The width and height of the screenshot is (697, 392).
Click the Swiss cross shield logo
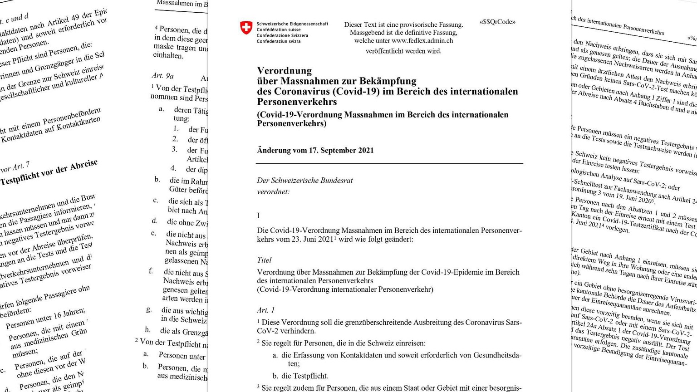click(246, 28)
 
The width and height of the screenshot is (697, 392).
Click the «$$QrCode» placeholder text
click(497, 22)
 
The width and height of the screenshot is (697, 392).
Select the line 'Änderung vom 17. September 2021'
click(315, 150)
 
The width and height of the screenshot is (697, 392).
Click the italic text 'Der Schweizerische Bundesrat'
click(304, 180)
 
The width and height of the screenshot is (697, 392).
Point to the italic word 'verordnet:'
click(273, 191)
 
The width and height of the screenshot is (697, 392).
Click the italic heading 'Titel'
click(264, 260)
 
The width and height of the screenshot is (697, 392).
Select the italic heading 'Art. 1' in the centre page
click(266, 310)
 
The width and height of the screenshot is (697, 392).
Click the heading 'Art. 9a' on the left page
click(162, 76)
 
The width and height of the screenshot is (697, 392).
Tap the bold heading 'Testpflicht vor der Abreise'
click(49, 173)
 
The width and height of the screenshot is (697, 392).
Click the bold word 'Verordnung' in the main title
click(285, 71)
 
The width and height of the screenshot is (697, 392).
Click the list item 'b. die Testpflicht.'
click(300, 376)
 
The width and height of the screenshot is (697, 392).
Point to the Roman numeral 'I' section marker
click(258, 216)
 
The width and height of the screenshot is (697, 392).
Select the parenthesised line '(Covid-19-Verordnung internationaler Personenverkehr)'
click(345, 289)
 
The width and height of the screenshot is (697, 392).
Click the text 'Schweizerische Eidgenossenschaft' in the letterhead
click(292, 24)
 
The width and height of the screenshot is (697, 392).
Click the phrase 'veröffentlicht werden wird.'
click(403, 51)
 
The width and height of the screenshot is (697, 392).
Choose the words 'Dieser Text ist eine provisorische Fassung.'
click(403, 24)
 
